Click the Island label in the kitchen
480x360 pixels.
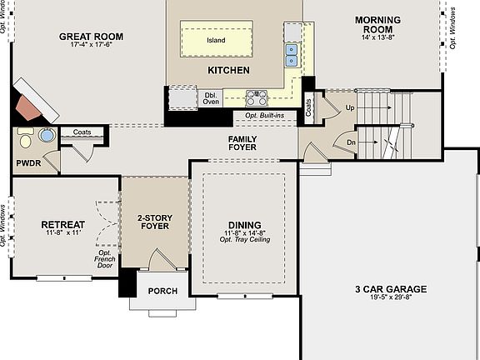(216, 40)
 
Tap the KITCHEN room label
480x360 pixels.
(228, 70)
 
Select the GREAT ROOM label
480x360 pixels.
(91, 37)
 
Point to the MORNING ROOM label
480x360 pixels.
(377, 24)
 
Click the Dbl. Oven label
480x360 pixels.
(211, 98)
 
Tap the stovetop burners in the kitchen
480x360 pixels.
(257, 98)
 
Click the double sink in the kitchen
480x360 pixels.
(291, 55)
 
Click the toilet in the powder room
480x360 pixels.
(25, 138)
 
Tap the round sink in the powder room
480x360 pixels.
(47, 135)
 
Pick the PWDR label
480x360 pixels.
(28, 163)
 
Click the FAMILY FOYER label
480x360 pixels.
(242, 143)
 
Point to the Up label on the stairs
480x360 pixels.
(350, 107)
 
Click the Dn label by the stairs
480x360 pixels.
(351, 142)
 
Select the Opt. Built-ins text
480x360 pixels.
(264, 115)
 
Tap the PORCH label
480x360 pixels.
(162, 291)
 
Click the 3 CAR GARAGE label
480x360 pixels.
(391, 289)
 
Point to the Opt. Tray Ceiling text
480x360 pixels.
(245, 239)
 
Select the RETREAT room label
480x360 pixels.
(63, 225)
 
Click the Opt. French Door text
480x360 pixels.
(105, 259)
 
